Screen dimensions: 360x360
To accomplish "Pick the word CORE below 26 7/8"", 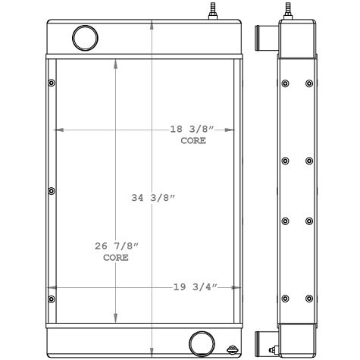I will point(115,258).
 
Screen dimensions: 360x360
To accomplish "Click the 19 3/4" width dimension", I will point(196,287).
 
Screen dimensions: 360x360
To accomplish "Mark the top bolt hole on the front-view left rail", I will point(51,83).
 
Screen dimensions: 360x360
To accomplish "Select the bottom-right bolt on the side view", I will point(308,298).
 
